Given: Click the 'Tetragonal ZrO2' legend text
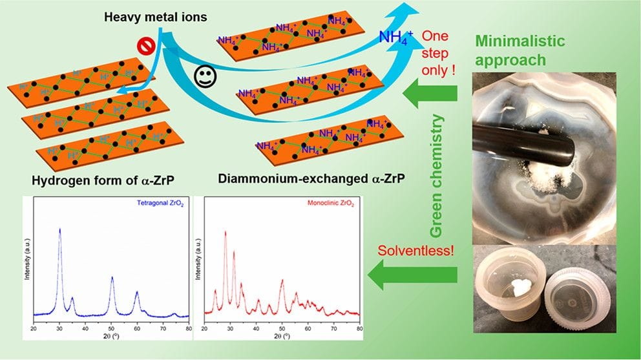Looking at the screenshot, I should coord(160,203).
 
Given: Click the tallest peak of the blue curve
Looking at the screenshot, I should coord(60,229).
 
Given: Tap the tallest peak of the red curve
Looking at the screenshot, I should coord(225,232).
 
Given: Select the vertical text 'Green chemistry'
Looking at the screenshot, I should coord(437,176).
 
